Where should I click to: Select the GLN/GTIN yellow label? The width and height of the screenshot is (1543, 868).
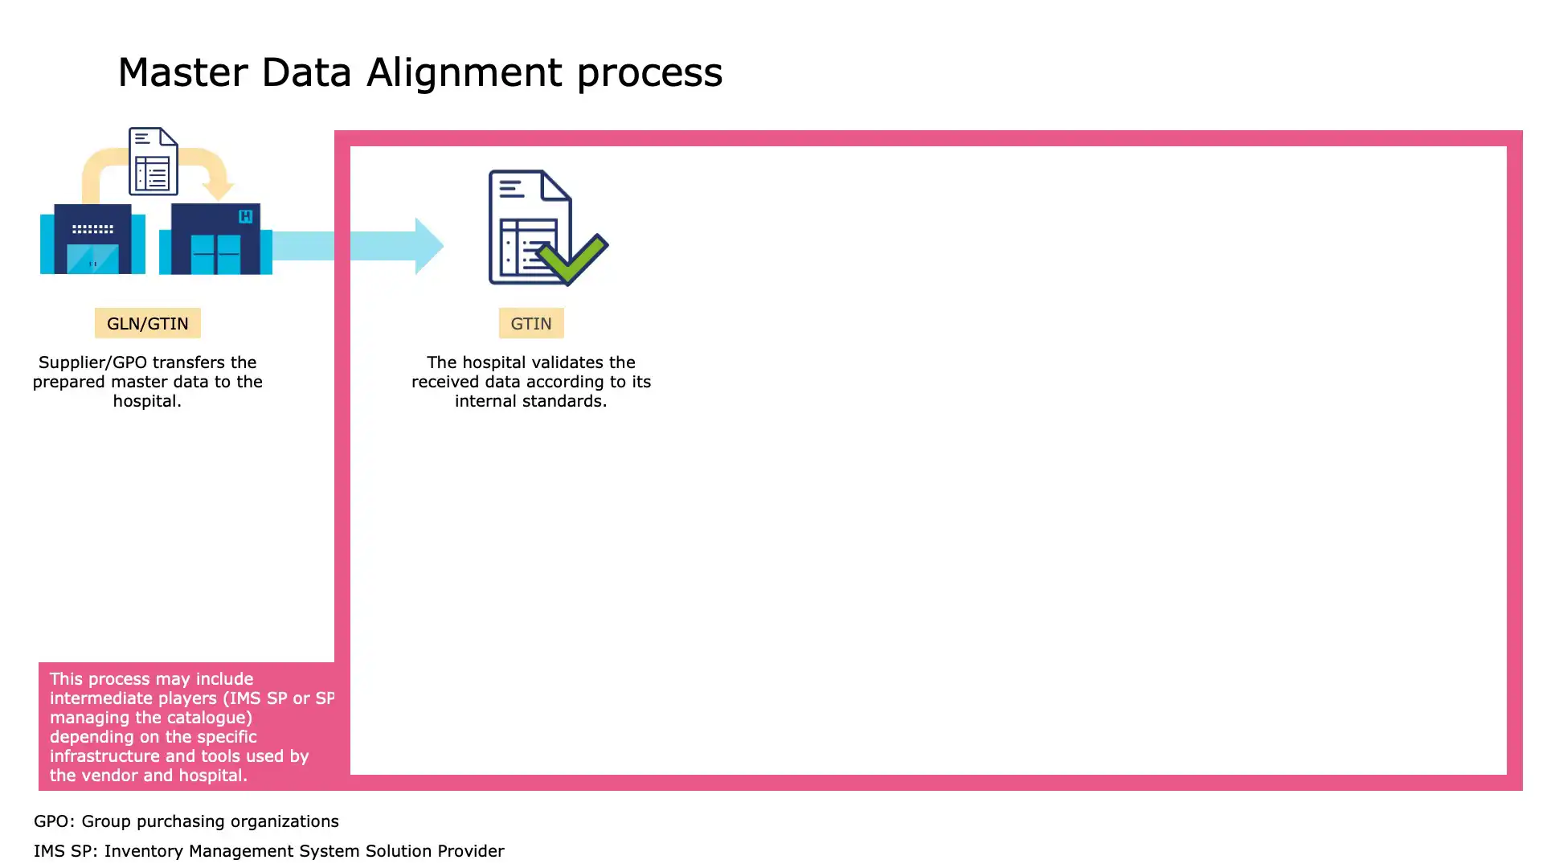tap(148, 323)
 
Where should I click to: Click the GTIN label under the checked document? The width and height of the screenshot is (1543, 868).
tap(531, 323)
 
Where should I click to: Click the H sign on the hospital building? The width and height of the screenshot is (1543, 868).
tap(246, 216)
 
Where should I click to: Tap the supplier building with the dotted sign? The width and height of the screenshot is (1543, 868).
tap(93, 239)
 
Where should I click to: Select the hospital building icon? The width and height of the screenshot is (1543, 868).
tap(215, 240)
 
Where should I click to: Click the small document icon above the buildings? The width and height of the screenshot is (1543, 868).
tap(153, 162)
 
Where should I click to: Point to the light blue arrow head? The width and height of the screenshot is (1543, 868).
tap(428, 246)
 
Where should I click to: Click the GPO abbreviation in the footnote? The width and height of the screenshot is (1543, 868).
tap(51, 821)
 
